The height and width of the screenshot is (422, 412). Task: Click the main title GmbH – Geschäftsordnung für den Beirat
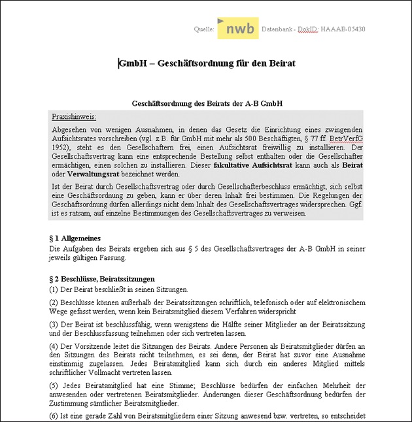pyautogui.click(x=207, y=63)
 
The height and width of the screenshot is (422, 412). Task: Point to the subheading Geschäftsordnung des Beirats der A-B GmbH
pyautogui.click(x=207, y=104)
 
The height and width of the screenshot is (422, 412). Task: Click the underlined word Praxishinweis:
pyautogui.click(x=74, y=116)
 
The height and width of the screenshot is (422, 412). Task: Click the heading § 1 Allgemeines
pyautogui.click(x=75, y=239)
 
